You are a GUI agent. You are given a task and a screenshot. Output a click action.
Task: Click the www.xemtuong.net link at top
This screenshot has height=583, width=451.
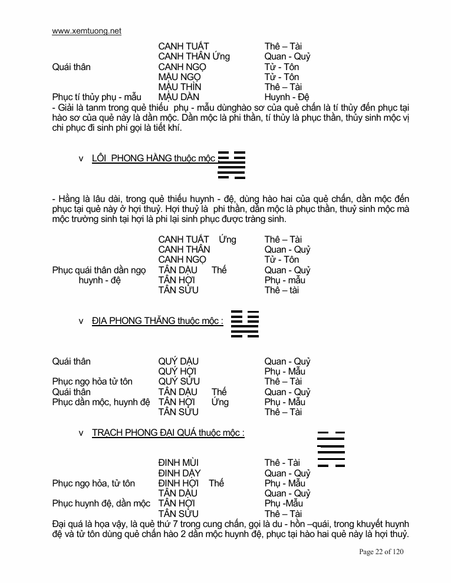pyautogui.click(x=87, y=31)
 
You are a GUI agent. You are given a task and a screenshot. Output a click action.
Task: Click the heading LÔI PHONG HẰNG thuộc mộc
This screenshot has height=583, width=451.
pyautogui.click(x=153, y=158)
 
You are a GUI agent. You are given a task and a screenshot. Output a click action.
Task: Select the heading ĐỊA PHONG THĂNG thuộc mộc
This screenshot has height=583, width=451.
pyautogui.click(x=157, y=321)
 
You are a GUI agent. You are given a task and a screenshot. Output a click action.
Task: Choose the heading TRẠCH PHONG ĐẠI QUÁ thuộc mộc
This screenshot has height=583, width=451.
pyautogui.click(x=168, y=433)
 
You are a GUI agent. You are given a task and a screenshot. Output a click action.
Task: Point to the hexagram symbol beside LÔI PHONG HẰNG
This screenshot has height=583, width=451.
pyautogui.click(x=232, y=164)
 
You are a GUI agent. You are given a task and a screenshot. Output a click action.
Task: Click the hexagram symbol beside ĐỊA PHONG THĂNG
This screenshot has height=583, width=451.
pyautogui.click(x=245, y=323)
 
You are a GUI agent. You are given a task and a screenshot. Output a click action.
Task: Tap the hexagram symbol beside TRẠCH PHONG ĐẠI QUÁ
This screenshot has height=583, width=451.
pyautogui.click(x=331, y=449)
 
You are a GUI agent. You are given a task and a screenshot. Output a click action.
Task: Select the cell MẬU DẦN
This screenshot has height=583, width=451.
pyautogui.click(x=179, y=97)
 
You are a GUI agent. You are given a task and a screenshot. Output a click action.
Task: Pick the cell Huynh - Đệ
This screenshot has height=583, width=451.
pyautogui.click(x=287, y=97)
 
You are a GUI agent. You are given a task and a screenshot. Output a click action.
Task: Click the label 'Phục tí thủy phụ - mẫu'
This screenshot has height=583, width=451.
pyautogui.click(x=97, y=97)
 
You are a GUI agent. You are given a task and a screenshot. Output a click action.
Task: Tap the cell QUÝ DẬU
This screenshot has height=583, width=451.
pyautogui.click(x=178, y=362)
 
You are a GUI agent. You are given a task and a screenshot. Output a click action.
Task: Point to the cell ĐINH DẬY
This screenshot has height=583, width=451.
pyautogui.click(x=179, y=473)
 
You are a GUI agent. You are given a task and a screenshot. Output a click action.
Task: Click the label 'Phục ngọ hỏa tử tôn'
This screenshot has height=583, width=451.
pyautogui.click(x=92, y=382)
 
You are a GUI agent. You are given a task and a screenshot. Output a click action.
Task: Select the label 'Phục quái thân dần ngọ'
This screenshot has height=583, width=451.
pyautogui.click(x=98, y=270)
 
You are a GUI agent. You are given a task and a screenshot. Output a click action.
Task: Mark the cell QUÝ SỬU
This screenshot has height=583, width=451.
pyautogui.click(x=178, y=382)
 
